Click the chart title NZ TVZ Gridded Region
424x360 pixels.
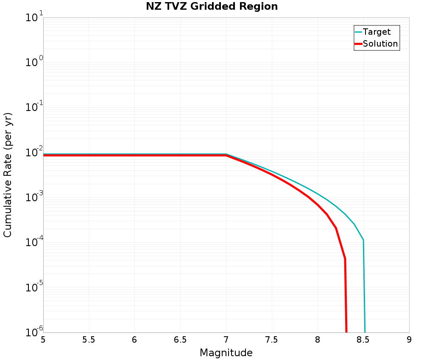[212, 7]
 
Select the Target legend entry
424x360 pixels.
[377, 32]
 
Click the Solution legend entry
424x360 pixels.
[380, 44]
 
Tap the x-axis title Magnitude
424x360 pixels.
[226, 353]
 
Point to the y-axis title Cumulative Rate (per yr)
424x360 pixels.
[8, 175]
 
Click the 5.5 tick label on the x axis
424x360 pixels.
[89, 340]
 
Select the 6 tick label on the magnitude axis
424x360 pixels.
[134, 340]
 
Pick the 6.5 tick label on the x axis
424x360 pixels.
[180, 340]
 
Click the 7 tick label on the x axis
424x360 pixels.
[226, 340]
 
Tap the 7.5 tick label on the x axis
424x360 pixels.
[272, 340]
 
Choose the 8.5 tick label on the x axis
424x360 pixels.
[363, 340]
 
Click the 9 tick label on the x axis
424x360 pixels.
[409, 340]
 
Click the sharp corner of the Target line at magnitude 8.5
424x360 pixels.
[363, 240]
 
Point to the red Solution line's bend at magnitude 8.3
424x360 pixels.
[345, 258]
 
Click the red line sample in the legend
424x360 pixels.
[358, 44]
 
